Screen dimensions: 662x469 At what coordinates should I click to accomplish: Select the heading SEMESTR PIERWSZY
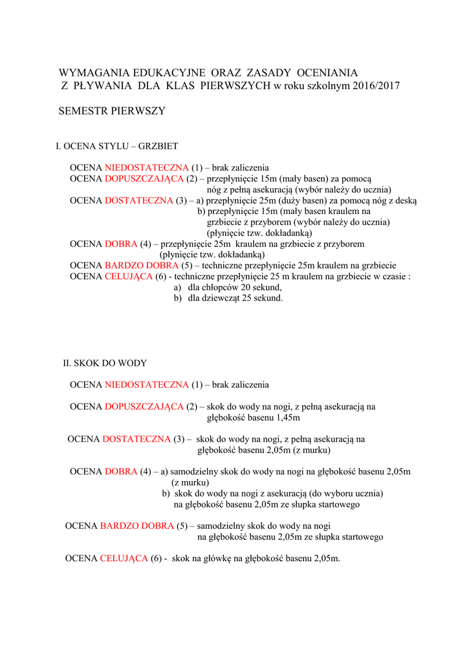pyautogui.click(x=112, y=111)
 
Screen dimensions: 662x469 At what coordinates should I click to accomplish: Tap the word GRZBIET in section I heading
pyautogui.click(x=158, y=146)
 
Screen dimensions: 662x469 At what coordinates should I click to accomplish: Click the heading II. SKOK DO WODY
pyautogui.click(x=105, y=363)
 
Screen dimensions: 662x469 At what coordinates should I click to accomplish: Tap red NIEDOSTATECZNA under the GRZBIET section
pyautogui.click(x=146, y=167)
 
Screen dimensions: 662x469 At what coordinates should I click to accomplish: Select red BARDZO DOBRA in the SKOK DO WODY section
pyautogui.click(x=136, y=526)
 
